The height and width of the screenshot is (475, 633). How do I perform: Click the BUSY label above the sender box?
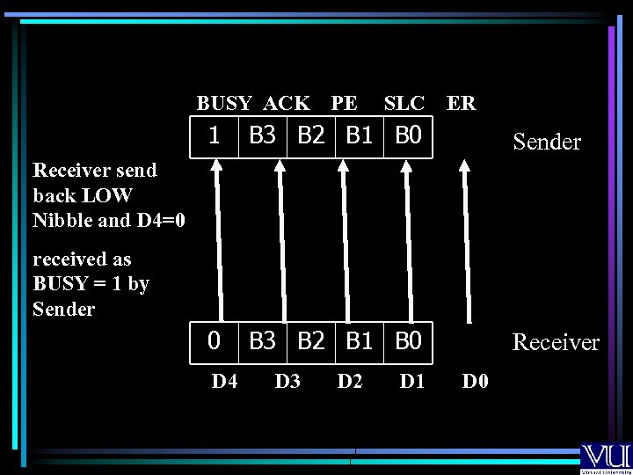[224, 103]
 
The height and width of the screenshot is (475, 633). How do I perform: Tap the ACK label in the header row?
[287, 103]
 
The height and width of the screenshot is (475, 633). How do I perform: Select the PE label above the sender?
[344, 103]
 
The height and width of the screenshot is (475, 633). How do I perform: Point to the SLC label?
[404, 103]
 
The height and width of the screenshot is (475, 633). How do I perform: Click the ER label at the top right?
[462, 103]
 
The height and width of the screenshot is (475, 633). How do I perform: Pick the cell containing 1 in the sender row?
[213, 136]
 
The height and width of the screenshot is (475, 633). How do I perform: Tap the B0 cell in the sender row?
[408, 136]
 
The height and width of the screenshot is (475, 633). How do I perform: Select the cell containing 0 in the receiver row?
[213, 340]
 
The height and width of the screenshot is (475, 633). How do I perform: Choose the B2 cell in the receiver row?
[311, 340]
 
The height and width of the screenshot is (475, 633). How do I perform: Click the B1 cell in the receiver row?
[360, 340]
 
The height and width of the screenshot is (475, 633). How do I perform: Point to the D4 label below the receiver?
[225, 381]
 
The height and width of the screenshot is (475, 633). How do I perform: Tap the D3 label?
[287, 381]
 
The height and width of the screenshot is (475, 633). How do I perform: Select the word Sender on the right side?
[547, 142]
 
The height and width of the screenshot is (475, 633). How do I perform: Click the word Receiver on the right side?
[556, 342]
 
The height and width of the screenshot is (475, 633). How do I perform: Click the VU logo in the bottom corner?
[605, 457]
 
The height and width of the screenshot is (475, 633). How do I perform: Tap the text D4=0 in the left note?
[159, 220]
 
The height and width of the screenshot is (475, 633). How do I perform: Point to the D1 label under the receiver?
[412, 381]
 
